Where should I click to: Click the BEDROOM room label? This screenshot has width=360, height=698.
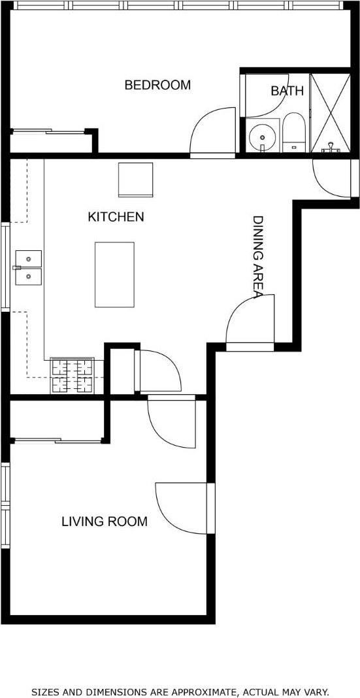(x=157, y=85)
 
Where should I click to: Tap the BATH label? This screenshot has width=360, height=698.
(x=287, y=91)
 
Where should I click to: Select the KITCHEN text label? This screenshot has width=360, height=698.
(x=116, y=217)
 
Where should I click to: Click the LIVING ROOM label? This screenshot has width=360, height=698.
(x=104, y=522)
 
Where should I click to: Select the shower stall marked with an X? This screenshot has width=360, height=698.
(x=330, y=113)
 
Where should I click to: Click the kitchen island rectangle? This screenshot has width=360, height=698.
(x=114, y=274)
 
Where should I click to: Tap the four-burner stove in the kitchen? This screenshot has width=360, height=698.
(x=72, y=376)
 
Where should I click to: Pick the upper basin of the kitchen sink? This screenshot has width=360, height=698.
(x=29, y=258)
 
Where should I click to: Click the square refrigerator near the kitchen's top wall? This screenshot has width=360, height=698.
(x=136, y=179)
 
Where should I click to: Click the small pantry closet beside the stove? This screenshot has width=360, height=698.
(x=122, y=371)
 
